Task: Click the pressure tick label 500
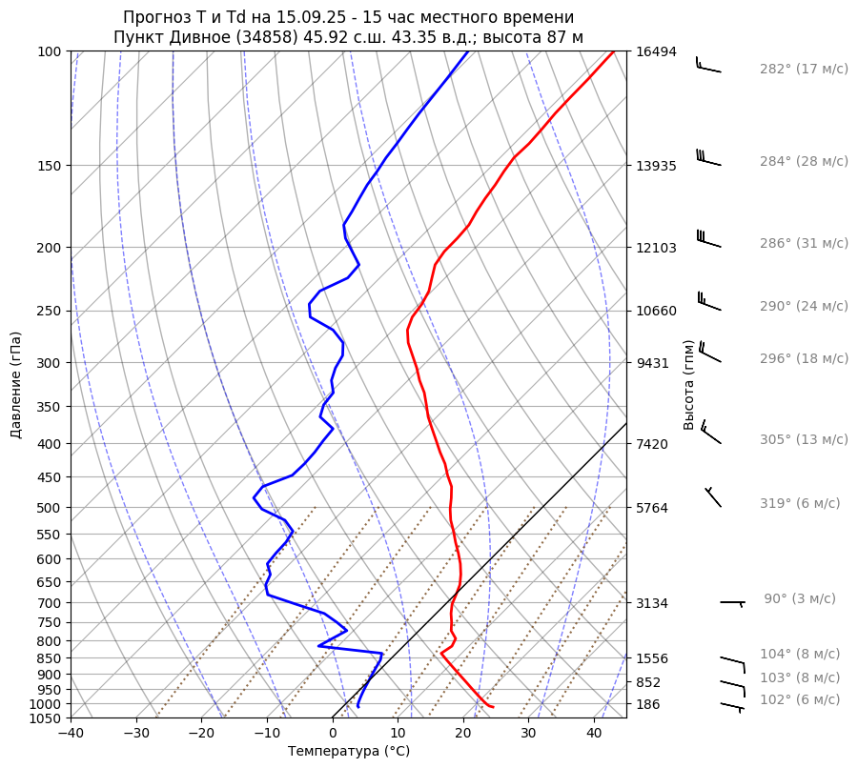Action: [50, 507]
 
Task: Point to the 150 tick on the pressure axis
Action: [50, 166]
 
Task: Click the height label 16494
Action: [656, 51]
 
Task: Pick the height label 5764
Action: [656, 507]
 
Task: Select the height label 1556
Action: [656, 658]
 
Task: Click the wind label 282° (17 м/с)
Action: [803, 69]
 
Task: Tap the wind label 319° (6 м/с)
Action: [799, 503]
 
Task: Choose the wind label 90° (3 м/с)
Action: [799, 598]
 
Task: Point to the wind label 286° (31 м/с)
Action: [803, 243]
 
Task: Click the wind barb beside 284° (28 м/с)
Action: [707, 157]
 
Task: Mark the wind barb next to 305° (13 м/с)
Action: [710, 433]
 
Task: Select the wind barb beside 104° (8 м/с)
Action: [732, 659]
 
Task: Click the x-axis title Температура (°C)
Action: [349, 752]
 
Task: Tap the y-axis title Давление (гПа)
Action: [15, 385]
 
